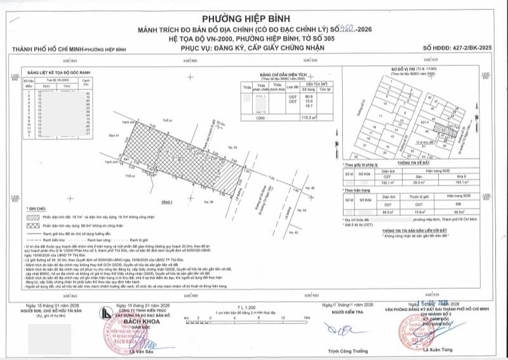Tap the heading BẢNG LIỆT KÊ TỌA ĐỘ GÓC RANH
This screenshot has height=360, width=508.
click(56, 73)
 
